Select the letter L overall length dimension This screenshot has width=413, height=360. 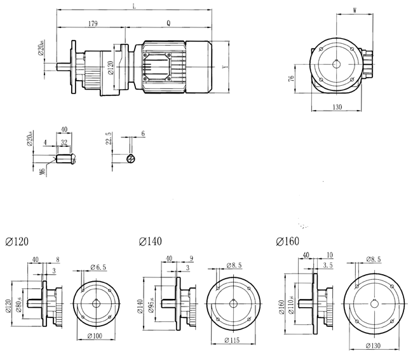[x=134, y=6]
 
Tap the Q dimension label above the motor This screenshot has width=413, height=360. [x=168, y=24]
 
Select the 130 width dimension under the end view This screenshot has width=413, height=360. [x=337, y=107]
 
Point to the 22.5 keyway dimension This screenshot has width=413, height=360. [x=109, y=139]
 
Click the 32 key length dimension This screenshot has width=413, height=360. [x=64, y=143]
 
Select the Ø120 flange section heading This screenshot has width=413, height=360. [x=17, y=242]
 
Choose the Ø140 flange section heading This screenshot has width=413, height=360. [x=150, y=242]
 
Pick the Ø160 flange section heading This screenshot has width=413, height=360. [x=288, y=242]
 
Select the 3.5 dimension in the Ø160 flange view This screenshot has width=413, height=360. [x=328, y=264]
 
